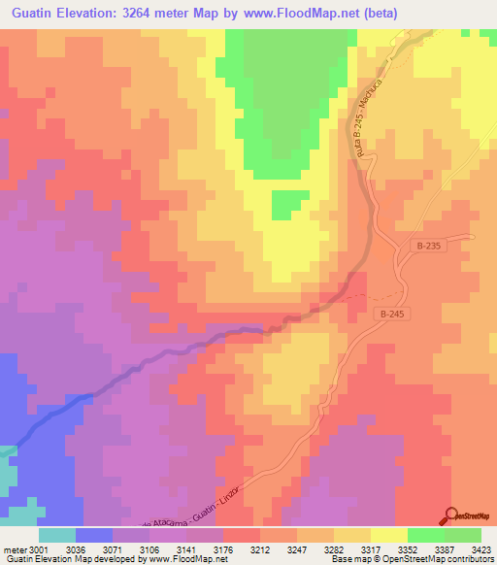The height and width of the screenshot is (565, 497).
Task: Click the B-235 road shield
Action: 432,247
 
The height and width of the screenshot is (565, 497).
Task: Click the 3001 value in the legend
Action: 39,549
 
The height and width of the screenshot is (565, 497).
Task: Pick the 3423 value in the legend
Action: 480,549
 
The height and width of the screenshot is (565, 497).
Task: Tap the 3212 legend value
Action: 259,549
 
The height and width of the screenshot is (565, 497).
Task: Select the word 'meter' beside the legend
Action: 14,549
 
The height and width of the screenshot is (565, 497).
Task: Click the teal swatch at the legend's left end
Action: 57,535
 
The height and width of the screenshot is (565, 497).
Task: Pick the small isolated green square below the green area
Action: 284,204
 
